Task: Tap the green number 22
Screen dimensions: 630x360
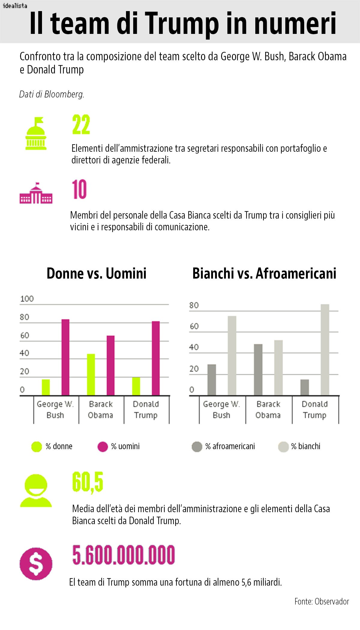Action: (x=81, y=125)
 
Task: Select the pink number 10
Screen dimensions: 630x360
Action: (x=79, y=190)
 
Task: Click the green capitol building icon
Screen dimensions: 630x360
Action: (x=36, y=134)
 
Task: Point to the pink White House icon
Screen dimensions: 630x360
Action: (x=36, y=193)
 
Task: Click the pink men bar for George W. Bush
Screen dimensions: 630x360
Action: (x=65, y=357)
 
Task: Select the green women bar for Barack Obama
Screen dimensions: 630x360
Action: (x=91, y=375)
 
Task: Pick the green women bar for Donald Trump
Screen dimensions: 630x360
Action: (x=136, y=386)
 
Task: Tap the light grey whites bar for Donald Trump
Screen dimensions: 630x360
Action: (x=325, y=350)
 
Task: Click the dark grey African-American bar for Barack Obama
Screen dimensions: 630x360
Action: (x=258, y=370)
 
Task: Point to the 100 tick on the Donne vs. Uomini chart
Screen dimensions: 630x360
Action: (x=27, y=299)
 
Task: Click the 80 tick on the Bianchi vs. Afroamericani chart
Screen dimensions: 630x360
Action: (x=194, y=305)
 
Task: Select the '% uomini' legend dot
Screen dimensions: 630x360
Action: (x=103, y=446)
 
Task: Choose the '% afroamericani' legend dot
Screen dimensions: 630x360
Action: (x=197, y=446)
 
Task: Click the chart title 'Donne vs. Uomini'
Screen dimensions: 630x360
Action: (x=97, y=273)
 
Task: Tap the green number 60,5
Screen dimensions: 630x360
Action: (x=88, y=482)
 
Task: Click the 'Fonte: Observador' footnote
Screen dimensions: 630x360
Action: (x=322, y=602)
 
